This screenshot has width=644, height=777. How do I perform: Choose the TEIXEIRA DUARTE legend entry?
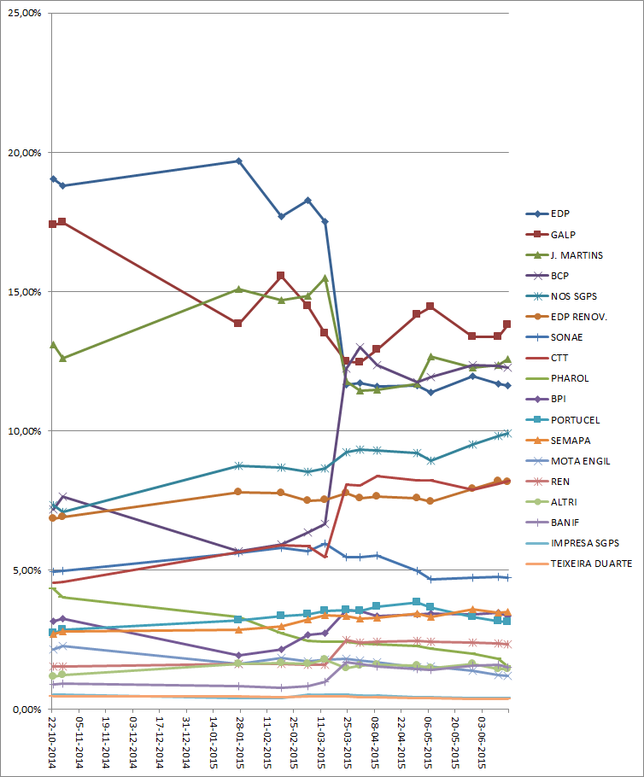tap(590, 564)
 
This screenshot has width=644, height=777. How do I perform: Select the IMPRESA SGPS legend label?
tap(585, 543)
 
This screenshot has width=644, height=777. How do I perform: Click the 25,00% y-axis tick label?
tap(25, 14)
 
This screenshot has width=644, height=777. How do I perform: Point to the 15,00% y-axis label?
tap(25, 292)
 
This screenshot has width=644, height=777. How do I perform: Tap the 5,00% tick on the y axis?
tap(27, 570)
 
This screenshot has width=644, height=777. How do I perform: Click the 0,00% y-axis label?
tap(27, 710)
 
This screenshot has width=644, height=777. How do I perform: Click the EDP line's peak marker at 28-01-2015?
tap(239, 161)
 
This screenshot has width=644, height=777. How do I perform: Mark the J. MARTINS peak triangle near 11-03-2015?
tap(325, 278)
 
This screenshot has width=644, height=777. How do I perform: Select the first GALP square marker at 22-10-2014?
tap(53, 224)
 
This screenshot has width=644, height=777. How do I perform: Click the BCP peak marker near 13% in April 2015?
tap(360, 348)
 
